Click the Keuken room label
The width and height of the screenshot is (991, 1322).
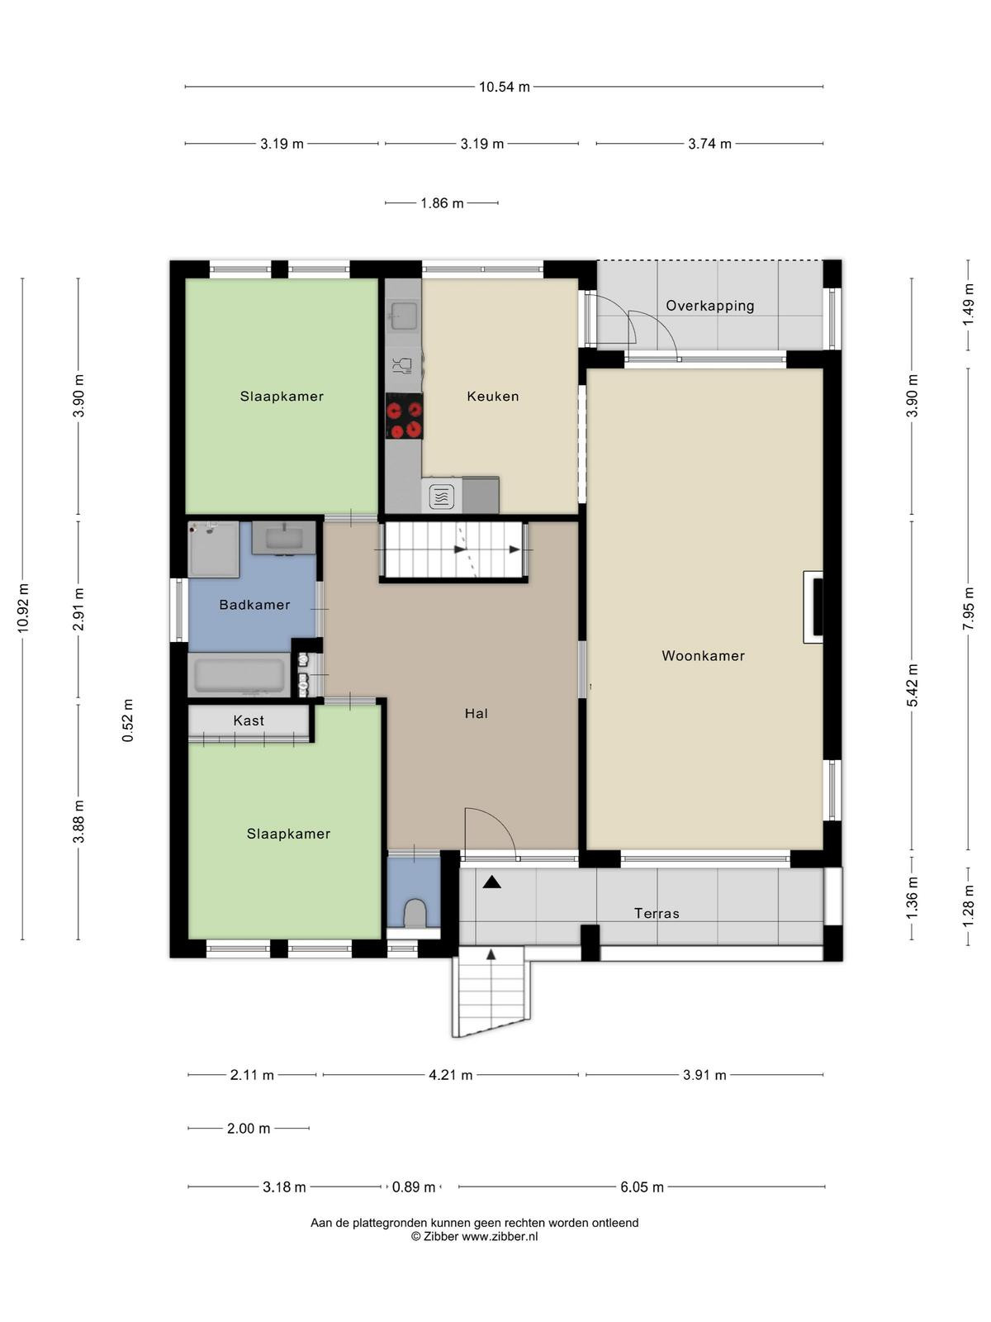tap(492, 397)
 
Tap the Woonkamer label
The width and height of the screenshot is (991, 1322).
tap(703, 656)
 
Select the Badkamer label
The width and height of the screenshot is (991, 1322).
tap(254, 605)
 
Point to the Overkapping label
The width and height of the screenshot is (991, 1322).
tap(709, 306)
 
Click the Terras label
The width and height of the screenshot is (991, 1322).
tap(657, 914)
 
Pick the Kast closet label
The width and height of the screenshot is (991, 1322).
tap(249, 720)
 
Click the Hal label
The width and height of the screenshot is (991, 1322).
tap(476, 714)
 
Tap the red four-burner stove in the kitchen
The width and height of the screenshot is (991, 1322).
tap(404, 416)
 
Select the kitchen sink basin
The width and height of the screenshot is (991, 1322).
tap(403, 316)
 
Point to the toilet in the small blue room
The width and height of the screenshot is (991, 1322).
tap(414, 913)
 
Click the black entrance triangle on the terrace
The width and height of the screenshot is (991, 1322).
tap(492, 882)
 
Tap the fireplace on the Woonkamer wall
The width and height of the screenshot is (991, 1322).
tap(813, 607)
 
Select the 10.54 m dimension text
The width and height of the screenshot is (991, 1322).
tap(505, 87)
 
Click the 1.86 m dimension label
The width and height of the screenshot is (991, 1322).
tap(442, 203)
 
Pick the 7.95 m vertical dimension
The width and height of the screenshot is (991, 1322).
tap(968, 609)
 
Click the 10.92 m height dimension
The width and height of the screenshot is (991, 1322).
tap(23, 607)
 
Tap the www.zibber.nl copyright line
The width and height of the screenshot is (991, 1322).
tap(474, 1237)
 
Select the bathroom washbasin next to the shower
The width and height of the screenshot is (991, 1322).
tap(283, 538)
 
